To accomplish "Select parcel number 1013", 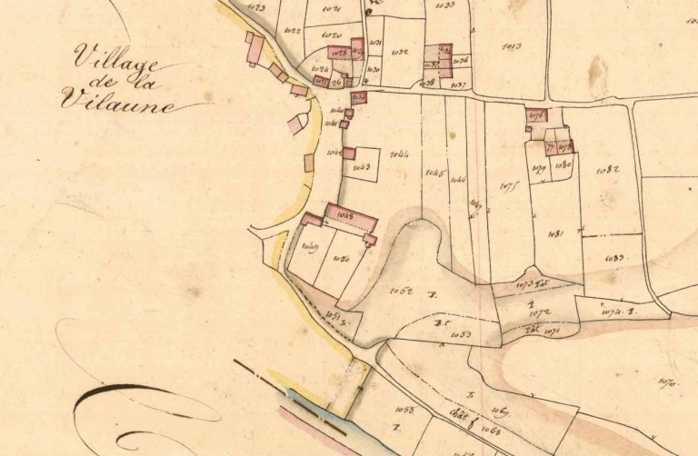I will tap(511, 45).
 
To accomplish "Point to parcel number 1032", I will tap(399, 53).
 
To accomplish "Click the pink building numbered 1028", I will tap(340, 54).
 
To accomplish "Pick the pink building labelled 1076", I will tap(536, 115).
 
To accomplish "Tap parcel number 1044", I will tap(400, 155).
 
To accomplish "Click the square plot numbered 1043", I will tap(362, 167).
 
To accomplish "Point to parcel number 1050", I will tap(342, 259).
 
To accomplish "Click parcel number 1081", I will tap(556, 234).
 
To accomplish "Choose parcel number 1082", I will tap(607, 171).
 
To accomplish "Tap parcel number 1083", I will tap(615, 259).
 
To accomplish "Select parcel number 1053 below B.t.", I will tap(461, 335).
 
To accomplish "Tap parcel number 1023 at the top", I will tap(255, 7).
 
